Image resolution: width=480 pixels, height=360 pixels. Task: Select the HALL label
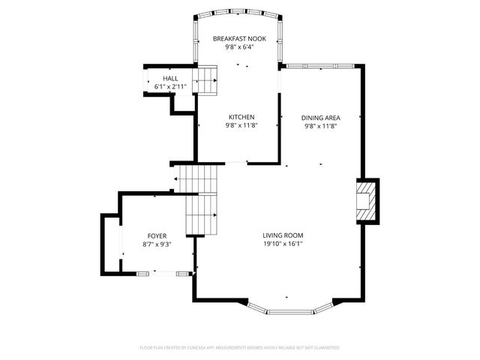170,78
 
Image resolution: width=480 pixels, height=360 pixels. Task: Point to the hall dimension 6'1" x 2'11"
170,87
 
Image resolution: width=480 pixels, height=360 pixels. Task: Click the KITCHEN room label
241,117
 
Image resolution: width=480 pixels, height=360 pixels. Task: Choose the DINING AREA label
321,118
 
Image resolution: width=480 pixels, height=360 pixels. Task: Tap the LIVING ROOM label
283,235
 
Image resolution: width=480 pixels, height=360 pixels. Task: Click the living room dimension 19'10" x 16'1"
283,244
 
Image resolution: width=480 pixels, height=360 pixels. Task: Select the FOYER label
157,235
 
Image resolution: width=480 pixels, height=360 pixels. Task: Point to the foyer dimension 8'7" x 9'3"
157,244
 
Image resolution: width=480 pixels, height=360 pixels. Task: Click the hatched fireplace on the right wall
365,200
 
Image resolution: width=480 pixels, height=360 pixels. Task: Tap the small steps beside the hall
206,79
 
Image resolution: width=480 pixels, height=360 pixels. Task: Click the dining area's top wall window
321,66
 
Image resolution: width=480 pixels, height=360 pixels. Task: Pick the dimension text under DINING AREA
321,127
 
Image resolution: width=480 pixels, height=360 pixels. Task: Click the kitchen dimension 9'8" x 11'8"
241,126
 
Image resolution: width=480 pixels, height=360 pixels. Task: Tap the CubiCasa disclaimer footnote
240,348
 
